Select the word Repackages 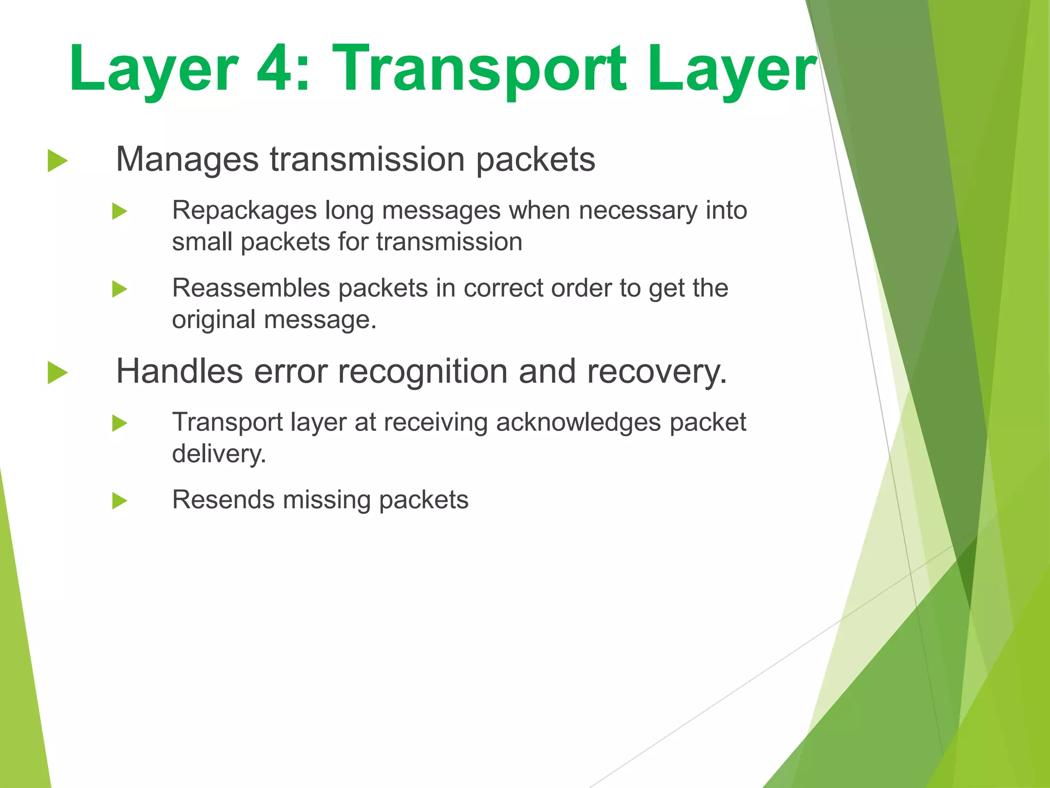pyautogui.click(x=244, y=210)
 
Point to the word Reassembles pyautogui.click(x=251, y=288)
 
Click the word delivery pyautogui.click(x=219, y=454)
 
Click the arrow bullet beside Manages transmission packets pyautogui.click(x=57, y=161)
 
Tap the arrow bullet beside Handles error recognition pyautogui.click(x=57, y=372)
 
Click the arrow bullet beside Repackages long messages pyautogui.click(x=119, y=211)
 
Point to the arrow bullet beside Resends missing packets pyautogui.click(x=119, y=501)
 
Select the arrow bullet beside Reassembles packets pyautogui.click(x=119, y=289)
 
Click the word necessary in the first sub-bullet pyautogui.click(x=638, y=210)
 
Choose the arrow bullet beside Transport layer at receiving pyautogui.click(x=119, y=423)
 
